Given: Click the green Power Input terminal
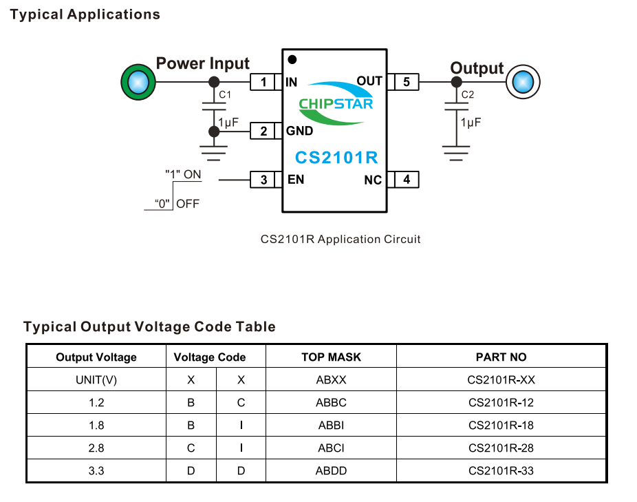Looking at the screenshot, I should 138,82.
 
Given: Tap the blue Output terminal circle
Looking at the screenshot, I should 522,82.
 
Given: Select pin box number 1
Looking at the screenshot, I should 263,83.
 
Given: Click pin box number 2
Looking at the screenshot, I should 263,131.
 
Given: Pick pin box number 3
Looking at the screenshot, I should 263,180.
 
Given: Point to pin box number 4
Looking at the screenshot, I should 407,180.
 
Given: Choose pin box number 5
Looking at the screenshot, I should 407,83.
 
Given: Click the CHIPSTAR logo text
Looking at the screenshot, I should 336,104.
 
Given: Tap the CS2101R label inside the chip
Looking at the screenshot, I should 336,158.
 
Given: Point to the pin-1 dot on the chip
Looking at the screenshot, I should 292,60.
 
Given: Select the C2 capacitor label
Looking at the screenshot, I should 468,94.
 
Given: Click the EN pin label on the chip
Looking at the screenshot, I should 296,180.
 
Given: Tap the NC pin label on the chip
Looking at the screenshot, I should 373,180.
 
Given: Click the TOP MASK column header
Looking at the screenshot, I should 331,357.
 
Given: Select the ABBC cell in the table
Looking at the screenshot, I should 331,402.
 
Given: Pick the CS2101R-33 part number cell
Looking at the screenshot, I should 501,471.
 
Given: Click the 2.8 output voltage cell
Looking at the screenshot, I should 96,448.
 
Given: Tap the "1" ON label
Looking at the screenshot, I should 183,174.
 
